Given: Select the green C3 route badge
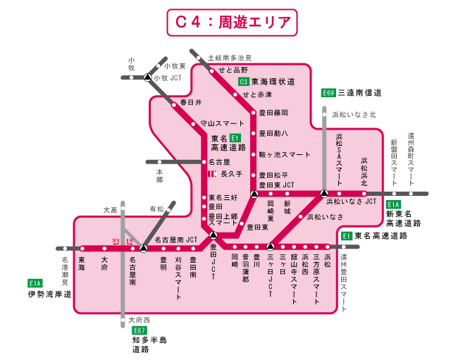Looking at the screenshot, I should tap(243, 82).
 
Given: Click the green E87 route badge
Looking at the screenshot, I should tap(140, 330).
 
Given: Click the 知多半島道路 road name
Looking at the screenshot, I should tap(149, 345).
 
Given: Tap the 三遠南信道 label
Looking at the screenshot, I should tap(359, 93).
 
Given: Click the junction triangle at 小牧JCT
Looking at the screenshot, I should tap(147, 77).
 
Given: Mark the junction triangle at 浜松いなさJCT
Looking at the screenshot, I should tap(324, 192).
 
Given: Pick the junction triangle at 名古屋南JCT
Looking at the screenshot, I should tap(143, 248).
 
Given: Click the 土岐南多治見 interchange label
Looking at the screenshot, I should tap(229, 58).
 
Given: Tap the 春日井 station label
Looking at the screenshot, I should tap(191, 103).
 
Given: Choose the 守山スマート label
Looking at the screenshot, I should tap(222, 122).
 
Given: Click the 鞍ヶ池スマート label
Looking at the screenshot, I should tap(285, 154).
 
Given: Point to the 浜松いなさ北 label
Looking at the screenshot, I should tap(354, 113).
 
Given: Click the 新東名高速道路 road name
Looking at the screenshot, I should tap(403, 218).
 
